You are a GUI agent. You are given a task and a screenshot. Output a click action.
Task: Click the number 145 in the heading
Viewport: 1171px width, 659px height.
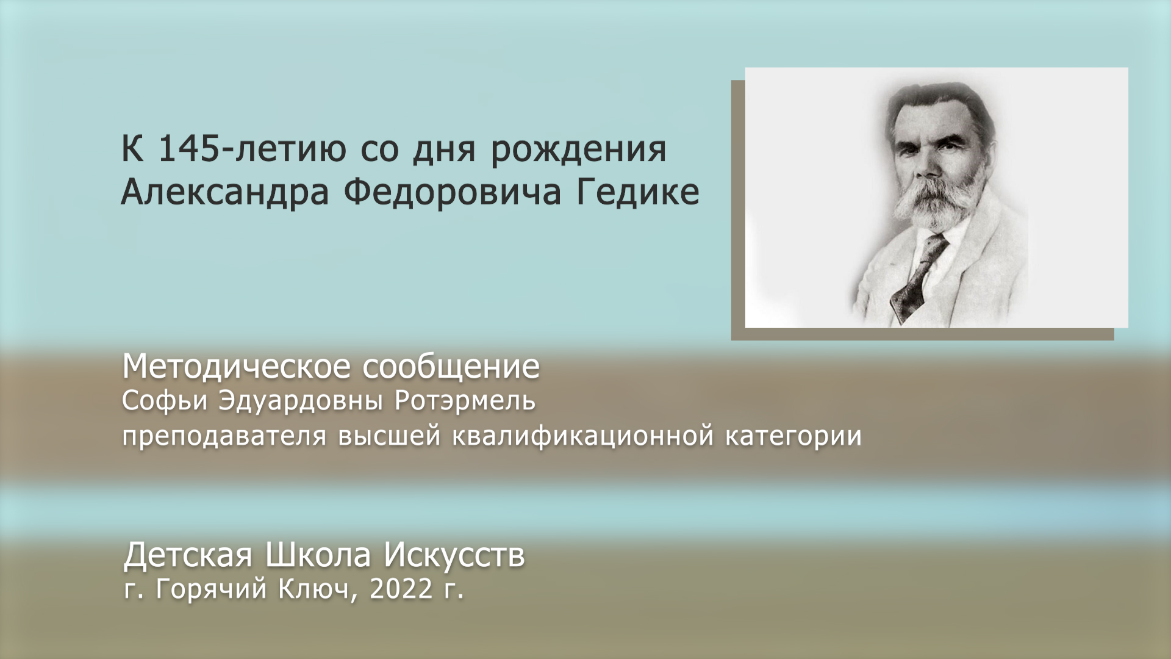tap(188, 149)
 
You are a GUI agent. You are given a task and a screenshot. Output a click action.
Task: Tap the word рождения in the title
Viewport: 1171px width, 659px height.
tap(578, 150)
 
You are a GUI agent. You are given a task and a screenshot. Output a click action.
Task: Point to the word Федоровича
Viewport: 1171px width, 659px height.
tap(452, 193)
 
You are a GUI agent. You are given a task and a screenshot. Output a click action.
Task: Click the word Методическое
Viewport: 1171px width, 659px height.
tap(237, 367)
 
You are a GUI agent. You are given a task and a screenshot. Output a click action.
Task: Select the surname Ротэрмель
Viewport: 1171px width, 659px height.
tap(465, 401)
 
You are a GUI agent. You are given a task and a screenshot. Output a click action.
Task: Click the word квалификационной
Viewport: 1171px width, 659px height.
tap(582, 436)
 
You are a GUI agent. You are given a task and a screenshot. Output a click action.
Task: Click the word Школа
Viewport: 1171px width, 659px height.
tap(318, 555)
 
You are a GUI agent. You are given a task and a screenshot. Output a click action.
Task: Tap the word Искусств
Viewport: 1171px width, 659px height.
tap(454, 555)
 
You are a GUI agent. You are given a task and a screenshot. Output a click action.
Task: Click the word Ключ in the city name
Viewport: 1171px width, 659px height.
tap(313, 589)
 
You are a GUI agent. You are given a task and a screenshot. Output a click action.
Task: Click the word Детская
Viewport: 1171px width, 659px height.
tap(188, 555)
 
